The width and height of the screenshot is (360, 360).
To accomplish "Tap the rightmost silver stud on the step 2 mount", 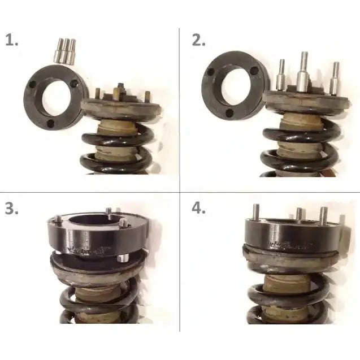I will pos(336,78).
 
